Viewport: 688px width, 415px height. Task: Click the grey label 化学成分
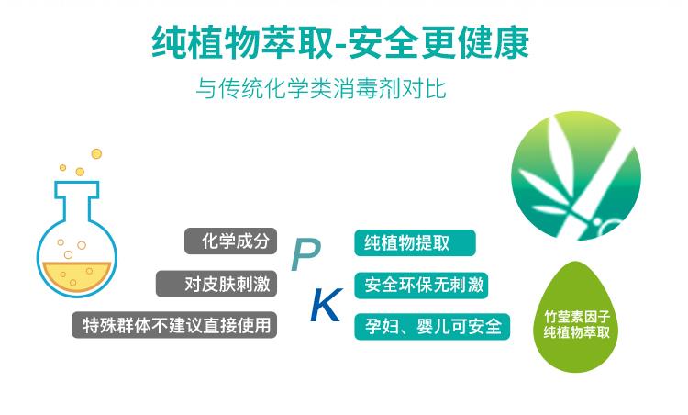231,241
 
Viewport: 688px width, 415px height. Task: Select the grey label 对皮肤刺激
216,284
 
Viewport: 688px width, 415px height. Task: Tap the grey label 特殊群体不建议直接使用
174,325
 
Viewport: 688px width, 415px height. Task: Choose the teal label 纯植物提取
415,243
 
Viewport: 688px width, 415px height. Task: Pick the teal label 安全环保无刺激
421,286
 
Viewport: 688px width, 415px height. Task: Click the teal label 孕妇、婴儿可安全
432,327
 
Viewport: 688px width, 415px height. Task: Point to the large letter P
305,254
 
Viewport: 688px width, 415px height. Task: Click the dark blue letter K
327,305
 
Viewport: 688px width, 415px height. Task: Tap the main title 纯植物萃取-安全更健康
340,42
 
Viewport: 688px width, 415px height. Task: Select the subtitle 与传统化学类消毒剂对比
321,88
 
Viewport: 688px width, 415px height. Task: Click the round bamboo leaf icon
576,175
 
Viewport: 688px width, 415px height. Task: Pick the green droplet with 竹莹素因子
577,317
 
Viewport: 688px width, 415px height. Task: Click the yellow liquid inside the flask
77,275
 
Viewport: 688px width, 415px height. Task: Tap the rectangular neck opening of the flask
77,189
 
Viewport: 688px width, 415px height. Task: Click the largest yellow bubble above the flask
96,153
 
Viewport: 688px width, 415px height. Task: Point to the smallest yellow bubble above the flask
62,167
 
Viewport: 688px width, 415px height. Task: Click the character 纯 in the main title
169,42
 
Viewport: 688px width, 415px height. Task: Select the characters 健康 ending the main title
494,42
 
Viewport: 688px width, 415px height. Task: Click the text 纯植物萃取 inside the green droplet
577,331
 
